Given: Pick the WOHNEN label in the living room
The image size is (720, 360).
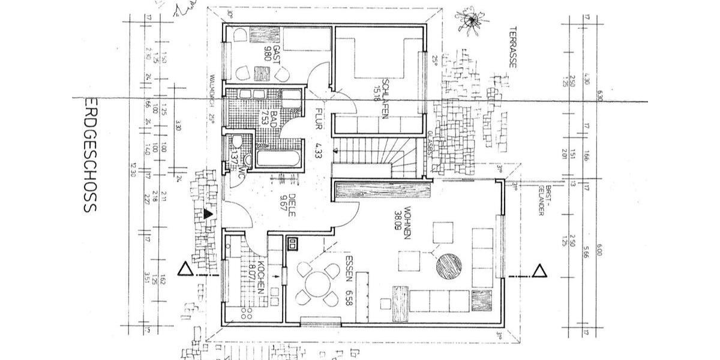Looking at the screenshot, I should point(407,217).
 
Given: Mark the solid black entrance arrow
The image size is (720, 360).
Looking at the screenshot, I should point(208,212).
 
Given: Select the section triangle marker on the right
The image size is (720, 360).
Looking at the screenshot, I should point(539,271).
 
